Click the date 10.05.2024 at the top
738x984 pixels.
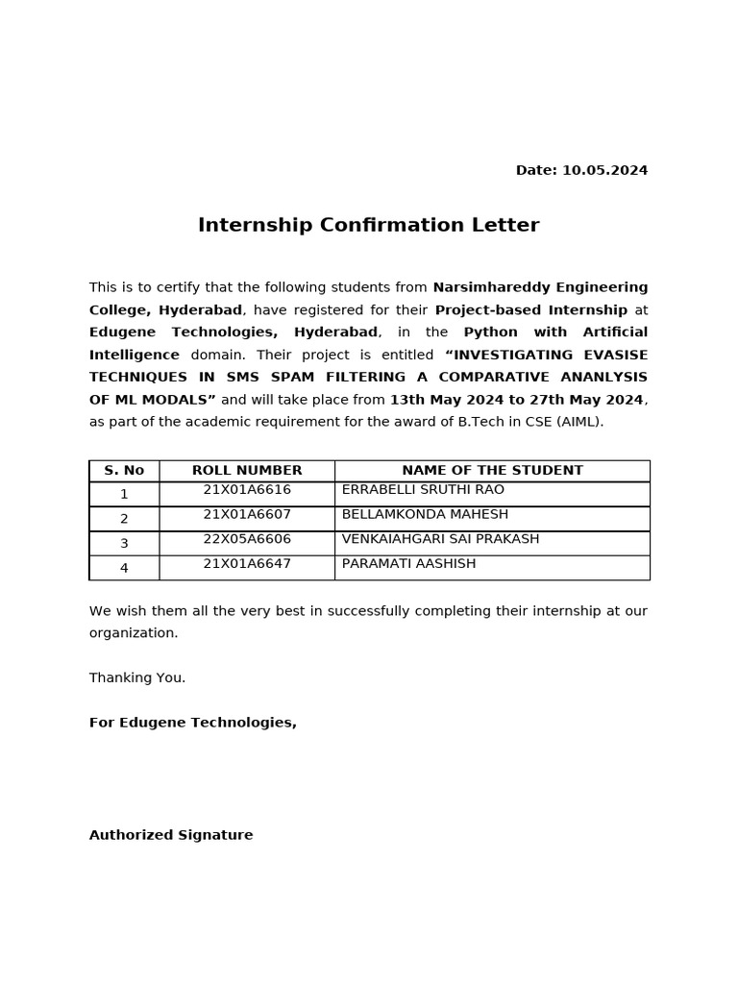point(604,170)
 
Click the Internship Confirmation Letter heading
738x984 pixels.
point(368,226)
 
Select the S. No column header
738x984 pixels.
point(124,471)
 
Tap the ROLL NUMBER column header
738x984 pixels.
point(247,471)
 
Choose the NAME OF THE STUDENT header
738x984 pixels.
point(492,471)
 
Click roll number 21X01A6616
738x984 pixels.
point(247,490)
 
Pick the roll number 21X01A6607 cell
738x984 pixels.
point(247,514)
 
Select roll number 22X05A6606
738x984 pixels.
point(247,539)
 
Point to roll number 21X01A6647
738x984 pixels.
point(247,564)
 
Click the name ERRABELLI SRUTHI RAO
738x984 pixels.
point(423,490)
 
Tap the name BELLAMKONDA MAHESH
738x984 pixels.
point(425,514)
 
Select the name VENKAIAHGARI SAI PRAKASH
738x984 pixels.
point(440,539)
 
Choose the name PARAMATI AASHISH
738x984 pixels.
point(408,564)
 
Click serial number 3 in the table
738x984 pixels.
point(124,544)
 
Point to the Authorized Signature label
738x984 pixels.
point(171,836)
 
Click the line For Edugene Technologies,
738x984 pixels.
point(193,723)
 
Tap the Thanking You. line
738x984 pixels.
point(137,678)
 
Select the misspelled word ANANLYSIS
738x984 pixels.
point(603,378)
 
